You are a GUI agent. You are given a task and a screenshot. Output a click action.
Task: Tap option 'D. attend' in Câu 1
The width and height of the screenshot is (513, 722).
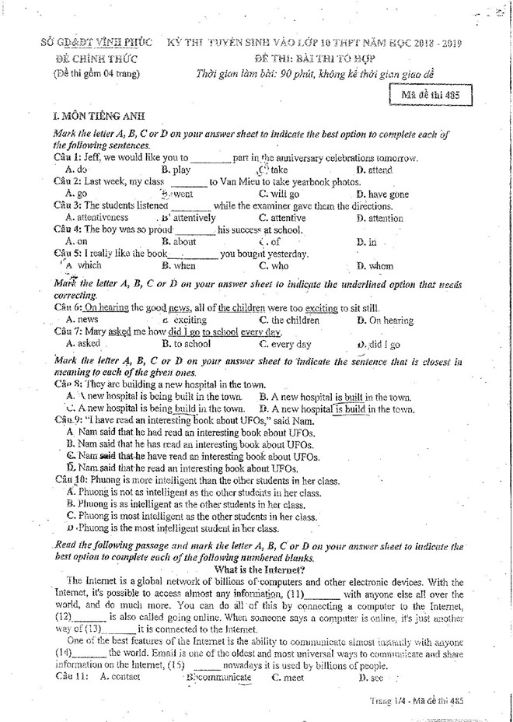375,170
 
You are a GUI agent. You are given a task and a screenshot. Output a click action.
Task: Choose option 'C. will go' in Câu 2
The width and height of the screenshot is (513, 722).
279,194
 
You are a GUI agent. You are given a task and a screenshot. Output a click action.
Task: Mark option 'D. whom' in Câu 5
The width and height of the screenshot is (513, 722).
375,266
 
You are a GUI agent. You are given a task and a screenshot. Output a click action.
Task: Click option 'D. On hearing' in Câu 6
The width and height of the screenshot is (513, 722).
385,320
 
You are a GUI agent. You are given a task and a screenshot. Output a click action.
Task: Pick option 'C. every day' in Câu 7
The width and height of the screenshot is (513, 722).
285,344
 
